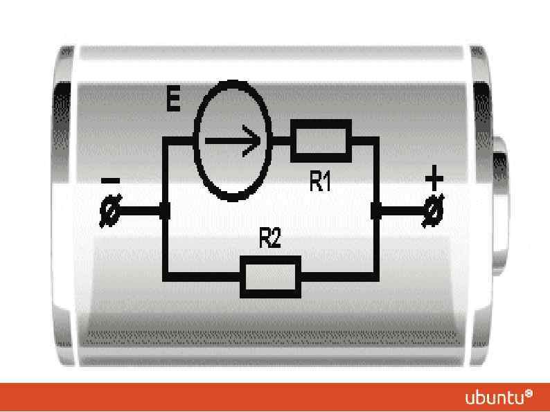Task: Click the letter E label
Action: coord(175,101)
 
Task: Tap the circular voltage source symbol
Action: coord(231,141)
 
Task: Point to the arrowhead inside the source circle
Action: coord(256,141)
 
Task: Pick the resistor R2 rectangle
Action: coord(270,278)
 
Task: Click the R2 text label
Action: coord(271,240)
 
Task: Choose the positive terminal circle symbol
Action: coord(434,211)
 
